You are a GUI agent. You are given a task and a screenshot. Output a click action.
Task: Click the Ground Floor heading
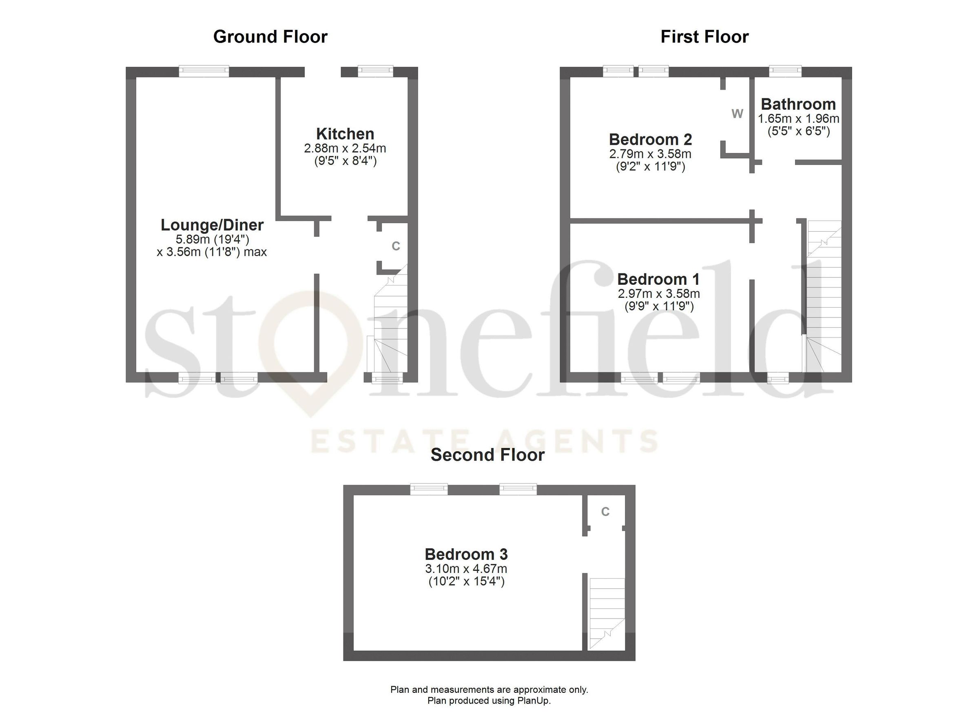tap(270, 37)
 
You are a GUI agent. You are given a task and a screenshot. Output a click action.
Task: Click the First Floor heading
tap(704, 37)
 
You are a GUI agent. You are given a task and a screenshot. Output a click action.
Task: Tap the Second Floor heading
tap(488, 455)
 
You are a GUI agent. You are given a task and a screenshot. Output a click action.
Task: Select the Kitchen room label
tap(345, 134)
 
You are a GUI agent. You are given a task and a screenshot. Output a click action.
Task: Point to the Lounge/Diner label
tap(212, 225)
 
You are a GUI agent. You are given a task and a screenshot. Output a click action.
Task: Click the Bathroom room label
tap(798, 104)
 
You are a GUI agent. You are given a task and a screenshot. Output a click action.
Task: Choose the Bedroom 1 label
tap(658, 279)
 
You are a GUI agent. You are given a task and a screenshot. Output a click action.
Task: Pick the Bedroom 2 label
tap(651, 140)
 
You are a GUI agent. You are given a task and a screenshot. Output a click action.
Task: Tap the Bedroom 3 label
tap(466, 555)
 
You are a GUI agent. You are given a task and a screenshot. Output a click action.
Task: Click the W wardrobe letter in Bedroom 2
tap(737, 114)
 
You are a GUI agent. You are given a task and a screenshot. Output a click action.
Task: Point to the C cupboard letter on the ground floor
tap(395, 246)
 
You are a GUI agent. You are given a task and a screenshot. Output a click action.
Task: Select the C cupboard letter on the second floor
tap(605, 512)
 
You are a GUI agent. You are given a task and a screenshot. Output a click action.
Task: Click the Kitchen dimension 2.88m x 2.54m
tap(345, 149)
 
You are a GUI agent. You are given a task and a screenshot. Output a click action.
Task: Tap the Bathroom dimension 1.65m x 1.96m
tap(799, 119)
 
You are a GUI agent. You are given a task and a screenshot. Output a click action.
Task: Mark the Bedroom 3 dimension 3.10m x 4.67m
tap(466, 569)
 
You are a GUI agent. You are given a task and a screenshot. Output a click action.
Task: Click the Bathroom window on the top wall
tap(785, 71)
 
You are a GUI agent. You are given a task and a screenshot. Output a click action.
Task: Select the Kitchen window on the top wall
tap(376, 71)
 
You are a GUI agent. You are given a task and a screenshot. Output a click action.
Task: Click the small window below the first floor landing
tap(778, 379)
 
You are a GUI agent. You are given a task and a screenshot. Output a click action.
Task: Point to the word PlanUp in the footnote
tap(535, 700)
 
